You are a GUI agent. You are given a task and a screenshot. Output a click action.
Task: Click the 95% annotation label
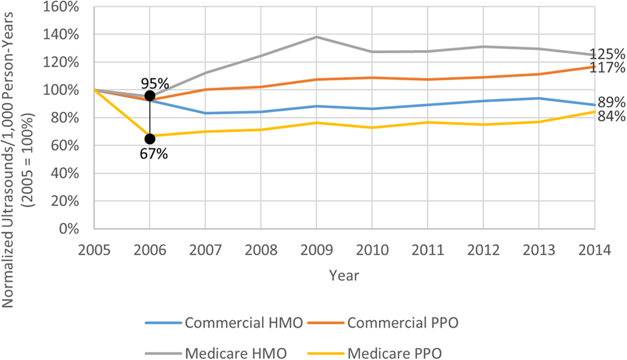pyautogui.click(x=155, y=84)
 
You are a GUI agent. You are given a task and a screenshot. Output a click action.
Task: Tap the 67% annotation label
pyautogui.click(x=154, y=154)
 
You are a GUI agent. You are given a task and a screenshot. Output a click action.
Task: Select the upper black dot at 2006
pyautogui.click(x=150, y=96)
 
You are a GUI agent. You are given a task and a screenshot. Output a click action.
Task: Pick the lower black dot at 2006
pyautogui.click(x=150, y=139)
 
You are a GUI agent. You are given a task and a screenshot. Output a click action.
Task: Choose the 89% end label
pyautogui.click(x=611, y=102)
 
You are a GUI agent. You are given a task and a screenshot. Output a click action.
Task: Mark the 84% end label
pyautogui.click(x=611, y=116)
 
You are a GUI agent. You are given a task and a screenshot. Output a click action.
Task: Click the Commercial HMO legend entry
pyautogui.click(x=224, y=323)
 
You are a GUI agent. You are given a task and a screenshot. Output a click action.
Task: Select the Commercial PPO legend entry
pyautogui.click(x=383, y=323)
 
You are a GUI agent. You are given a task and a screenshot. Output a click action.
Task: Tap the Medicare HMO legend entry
pyautogui.click(x=216, y=354)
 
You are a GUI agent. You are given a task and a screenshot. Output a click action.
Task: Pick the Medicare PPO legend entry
pyautogui.click(x=374, y=354)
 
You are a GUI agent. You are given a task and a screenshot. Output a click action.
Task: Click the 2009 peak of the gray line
pyautogui.click(x=317, y=37)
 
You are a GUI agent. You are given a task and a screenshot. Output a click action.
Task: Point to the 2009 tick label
pyautogui.click(x=317, y=250)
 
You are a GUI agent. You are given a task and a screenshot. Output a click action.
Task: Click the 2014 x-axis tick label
pyautogui.click(x=595, y=250)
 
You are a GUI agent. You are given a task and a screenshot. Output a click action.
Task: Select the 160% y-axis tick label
pyautogui.click(x=60, y=7)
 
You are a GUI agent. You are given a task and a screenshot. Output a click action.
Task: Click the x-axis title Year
pyautogui.click(x=345, y=276)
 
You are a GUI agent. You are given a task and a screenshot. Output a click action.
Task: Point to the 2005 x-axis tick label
pyautogui.click(x=95, y=250)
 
